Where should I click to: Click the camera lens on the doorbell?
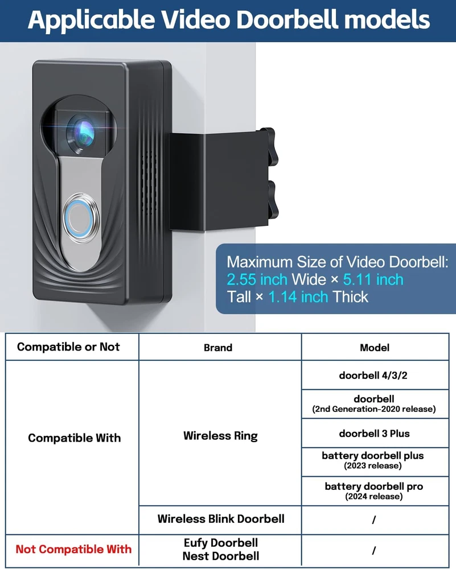(81, 130)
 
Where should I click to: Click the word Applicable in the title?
(91, 20)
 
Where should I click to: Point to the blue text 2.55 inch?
(257, 279)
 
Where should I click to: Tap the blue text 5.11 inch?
(373, 279)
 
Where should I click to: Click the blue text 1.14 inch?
(298, 296)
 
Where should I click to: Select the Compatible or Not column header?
(68, 347)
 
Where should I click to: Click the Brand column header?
(218, 347)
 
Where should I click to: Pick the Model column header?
(374, 347)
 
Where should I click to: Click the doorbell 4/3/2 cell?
(374, 375)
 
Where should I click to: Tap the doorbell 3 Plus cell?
(374, 433)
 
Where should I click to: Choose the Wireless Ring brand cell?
(220, 436)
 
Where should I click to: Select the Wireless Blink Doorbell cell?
(221, 518)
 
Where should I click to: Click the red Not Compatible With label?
(73, 549)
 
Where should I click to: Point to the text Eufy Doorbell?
(221, 543)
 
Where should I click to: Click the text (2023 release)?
(373, 466)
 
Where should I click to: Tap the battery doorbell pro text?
(374, 486)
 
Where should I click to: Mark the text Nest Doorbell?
(221, 556)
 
